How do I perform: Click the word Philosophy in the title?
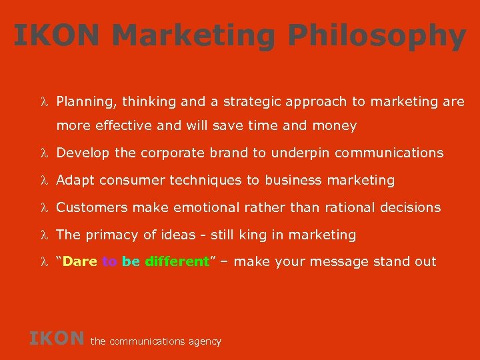tap(378, 36)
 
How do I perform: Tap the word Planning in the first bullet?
tap(83, 102)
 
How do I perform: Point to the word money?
tap(337, 125)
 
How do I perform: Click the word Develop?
tap(83, 153)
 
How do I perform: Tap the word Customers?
tap(92, 207)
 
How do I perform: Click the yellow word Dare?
tap(81, 261)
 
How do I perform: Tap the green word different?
tap(177, 261)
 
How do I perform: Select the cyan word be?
tap(131, 261)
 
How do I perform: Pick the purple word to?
tap(109, 261)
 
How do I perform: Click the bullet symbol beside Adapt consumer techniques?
tap(43, 180)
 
